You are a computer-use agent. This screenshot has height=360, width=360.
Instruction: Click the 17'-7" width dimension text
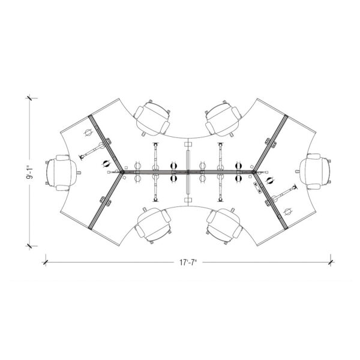(x=188, y=262)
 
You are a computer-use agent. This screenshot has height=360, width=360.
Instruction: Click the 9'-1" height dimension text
(x=30, y=172)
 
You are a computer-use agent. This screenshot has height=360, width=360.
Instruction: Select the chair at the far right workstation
(x=316, y=171)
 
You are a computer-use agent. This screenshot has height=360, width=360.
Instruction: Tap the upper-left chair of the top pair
(x=152, y=118)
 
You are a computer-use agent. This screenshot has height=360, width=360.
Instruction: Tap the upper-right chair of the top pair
(x=223, y=118)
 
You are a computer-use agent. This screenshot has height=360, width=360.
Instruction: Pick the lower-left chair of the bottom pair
(x=154, y=225)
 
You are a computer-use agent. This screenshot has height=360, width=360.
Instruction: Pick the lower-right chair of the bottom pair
(x=224, y=226)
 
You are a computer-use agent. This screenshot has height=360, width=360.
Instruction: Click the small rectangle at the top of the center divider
(x=188, y=145)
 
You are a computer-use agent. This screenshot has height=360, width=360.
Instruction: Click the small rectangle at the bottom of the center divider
(x=188, y=200)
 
